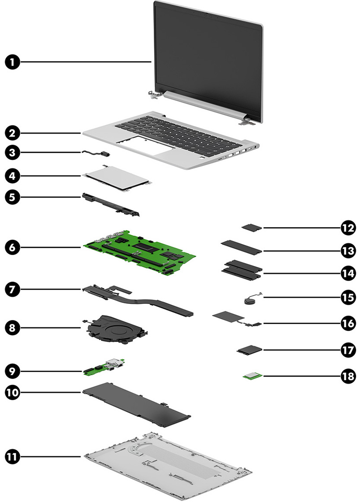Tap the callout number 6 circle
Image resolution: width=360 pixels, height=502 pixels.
(x=14, y=247)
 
